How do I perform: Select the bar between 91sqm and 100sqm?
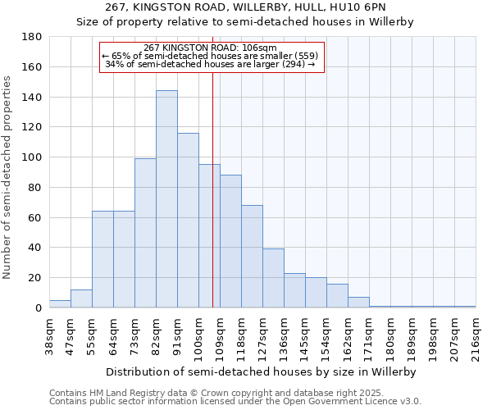pyautogui.click(x=188, y=221)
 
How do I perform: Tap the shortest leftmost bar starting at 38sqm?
pyautogui.click(x=60, y=304)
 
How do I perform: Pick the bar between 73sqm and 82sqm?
pyautogui.click(x=145, y=233)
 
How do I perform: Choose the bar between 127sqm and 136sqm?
pyautogui.click(x=273, y=278)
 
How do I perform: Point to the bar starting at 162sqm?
pyautogui.click(x=358, y=303)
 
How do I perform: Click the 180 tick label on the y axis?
pyautogui.click(x=32, y=37)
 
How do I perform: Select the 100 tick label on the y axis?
pyautogui.click(x=32, y=157)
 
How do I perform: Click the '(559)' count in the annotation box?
pyautogui.click(x=311, y=56)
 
